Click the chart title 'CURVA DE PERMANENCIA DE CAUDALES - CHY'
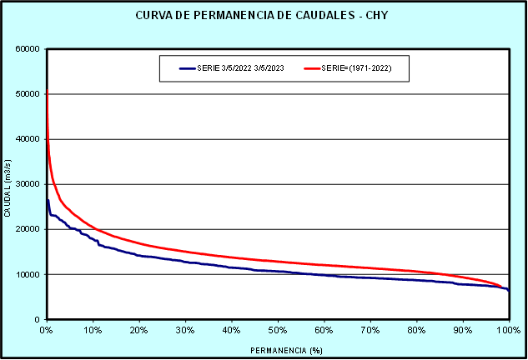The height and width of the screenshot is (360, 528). point(264,16)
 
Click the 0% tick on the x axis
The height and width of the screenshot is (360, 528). point(47,330)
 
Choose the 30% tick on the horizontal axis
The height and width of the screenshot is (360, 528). point(185,330)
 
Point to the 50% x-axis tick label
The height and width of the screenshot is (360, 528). point(278,330)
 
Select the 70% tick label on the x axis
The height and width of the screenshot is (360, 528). point(370,330)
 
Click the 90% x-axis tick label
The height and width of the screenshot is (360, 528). point(462,330)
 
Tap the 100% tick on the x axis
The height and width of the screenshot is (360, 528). point(507,330)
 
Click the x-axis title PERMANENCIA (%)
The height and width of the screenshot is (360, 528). point(279,350)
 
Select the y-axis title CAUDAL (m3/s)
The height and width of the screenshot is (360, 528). point(8,184)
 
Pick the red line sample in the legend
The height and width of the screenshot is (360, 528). point(312,68)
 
